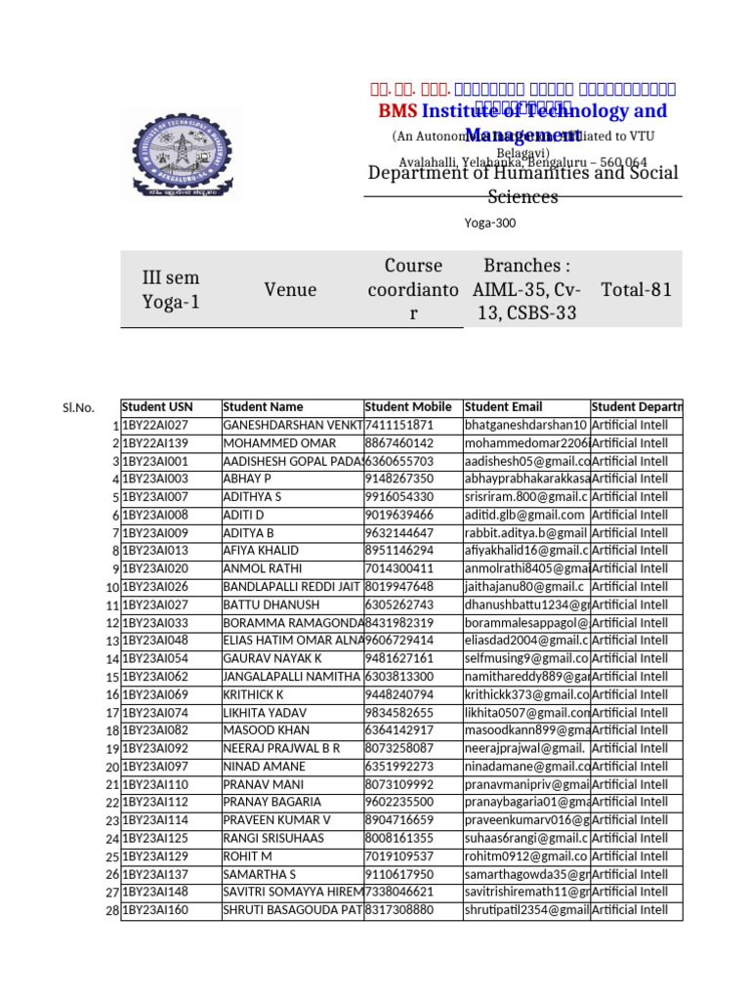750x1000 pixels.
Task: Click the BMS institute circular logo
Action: [188, 153]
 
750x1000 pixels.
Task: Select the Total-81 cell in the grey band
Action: [636, 289]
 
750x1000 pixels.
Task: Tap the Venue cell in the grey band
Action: [290, 289]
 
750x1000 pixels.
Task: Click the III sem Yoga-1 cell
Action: [171, 289]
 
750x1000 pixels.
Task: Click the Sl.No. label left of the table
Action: [78, 407]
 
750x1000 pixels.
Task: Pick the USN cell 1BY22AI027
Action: [155, 425]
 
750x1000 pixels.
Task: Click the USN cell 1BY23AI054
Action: [155, 658]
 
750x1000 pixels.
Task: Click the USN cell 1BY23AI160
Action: [155, 909]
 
